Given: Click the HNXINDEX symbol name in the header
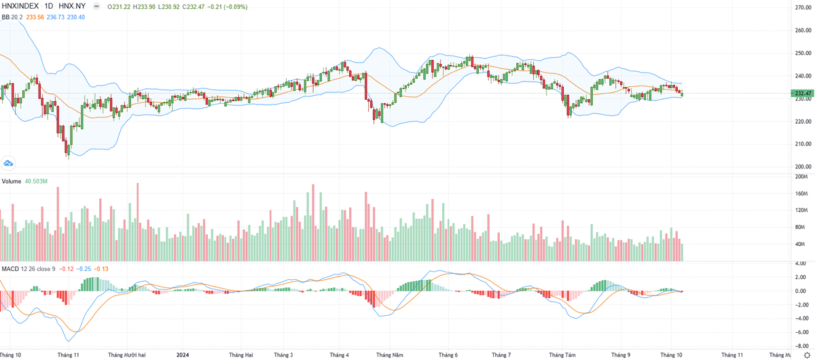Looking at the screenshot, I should click(x=20, y=6).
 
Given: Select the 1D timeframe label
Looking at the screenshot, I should click(x=48, y=6).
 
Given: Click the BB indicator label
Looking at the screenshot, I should click(x=6, y=16).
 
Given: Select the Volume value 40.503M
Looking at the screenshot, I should click(x=37, y=181).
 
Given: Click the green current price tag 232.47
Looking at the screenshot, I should click(x=803, y=93).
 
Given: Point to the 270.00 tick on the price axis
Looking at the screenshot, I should click(x=803, y=7).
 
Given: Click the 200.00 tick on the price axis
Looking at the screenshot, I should click(x=803, y=166).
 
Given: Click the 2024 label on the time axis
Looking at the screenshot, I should click(x=182, y=355).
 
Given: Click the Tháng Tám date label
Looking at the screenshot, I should click(x=562, y=355).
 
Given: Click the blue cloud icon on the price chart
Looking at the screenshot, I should click(x=9, y=163).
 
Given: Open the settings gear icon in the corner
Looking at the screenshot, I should click(x=807, y=355).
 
